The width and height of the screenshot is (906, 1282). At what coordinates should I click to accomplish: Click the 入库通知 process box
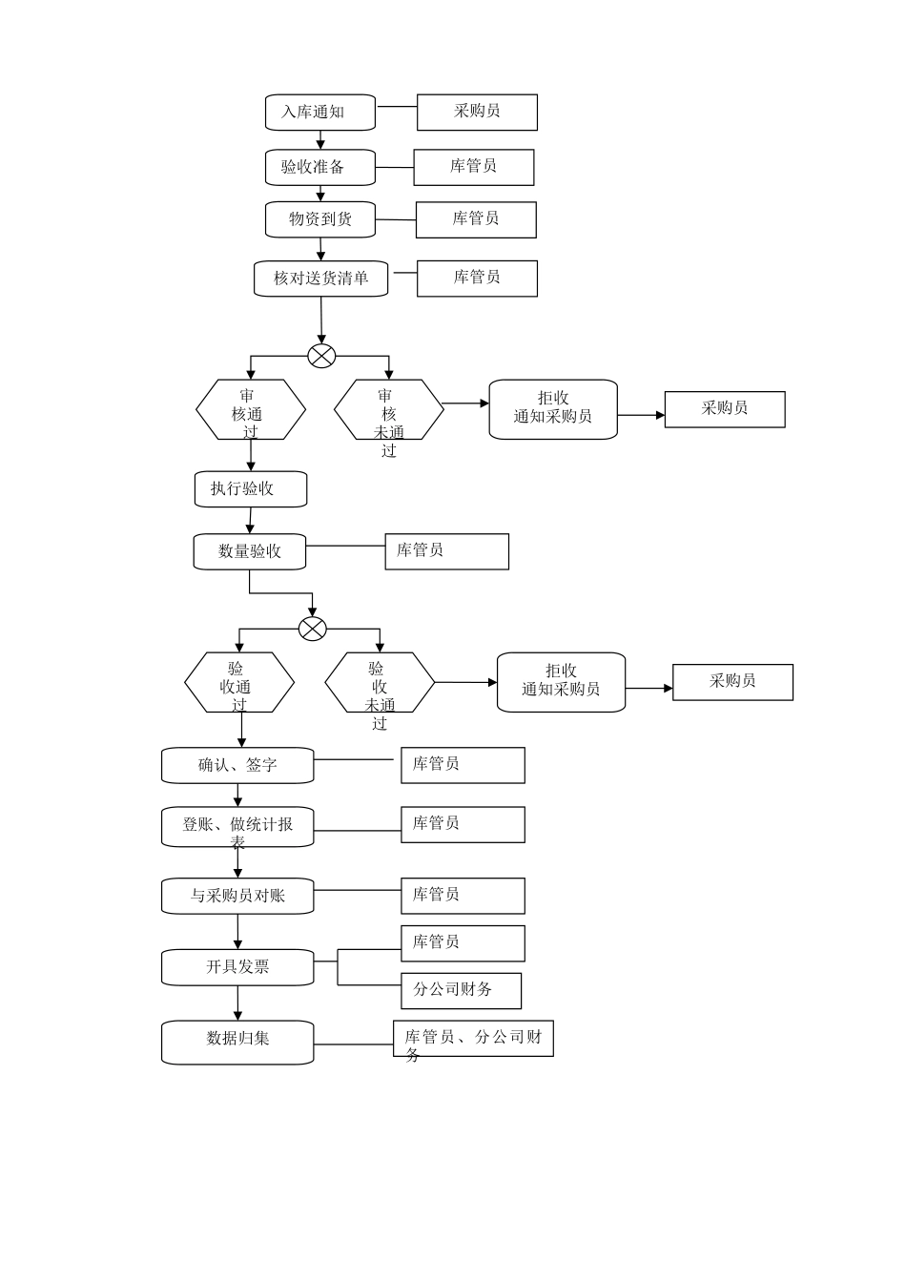tap(319, 113)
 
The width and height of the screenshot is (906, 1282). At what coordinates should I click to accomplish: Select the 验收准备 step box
tap(319, 167)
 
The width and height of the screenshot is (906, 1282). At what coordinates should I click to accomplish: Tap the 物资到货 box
tap(319, 219)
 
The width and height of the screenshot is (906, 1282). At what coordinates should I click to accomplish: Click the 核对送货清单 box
tap(320, 279)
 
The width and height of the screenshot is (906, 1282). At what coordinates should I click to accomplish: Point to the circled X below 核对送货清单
tap(322, 356)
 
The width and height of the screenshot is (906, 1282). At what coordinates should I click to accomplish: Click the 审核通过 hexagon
tap(251, 410)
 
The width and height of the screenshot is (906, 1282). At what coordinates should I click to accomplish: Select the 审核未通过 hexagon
tap(388, 410)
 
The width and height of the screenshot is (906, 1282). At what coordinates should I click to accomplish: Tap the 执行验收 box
tap(251, 488)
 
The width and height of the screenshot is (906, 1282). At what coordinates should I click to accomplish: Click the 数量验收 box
tap(250, 551)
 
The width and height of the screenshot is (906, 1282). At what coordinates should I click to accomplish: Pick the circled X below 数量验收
tap(313, 629)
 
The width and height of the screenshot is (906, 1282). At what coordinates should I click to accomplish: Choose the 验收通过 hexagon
tap(239, 683)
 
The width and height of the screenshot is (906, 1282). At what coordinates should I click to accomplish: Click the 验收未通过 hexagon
tap(380, 683)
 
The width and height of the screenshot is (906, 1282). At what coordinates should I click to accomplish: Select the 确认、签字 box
tap(237, 765)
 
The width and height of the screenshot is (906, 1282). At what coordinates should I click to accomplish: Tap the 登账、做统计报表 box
tap(237, 826)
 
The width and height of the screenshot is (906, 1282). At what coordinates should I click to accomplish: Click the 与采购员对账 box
tap(237, 896)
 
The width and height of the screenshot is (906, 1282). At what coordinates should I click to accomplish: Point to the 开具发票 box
tap(237, 967)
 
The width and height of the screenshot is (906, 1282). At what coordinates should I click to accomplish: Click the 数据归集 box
tap(237, 1042)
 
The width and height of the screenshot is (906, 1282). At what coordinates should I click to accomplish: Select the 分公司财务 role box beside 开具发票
tap(461, 990)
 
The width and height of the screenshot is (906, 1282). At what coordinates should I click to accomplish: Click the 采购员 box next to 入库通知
tap(477, 112)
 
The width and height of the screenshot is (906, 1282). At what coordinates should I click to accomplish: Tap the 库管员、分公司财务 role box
tap(473, 1038)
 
